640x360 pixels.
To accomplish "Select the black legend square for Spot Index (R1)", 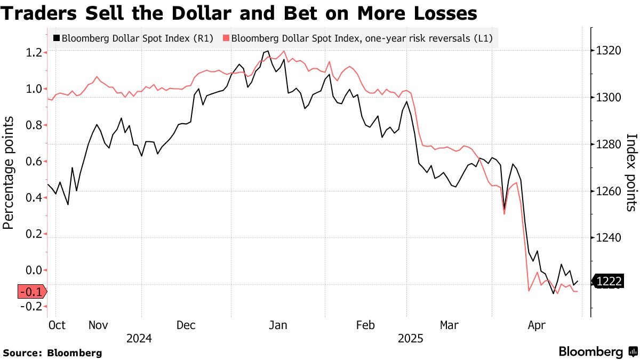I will pos(56,38).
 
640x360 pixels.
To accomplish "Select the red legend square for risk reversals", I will pos(226,38).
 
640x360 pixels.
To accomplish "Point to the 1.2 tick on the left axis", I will pos(34,52).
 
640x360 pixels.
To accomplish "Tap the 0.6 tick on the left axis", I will pos(34,161).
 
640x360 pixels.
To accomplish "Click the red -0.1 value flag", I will pos(31,292).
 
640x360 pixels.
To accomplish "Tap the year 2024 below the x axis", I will pos(139,338).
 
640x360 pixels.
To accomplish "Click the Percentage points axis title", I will pos(9,172).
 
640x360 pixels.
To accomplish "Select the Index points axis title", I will pos(631,172).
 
